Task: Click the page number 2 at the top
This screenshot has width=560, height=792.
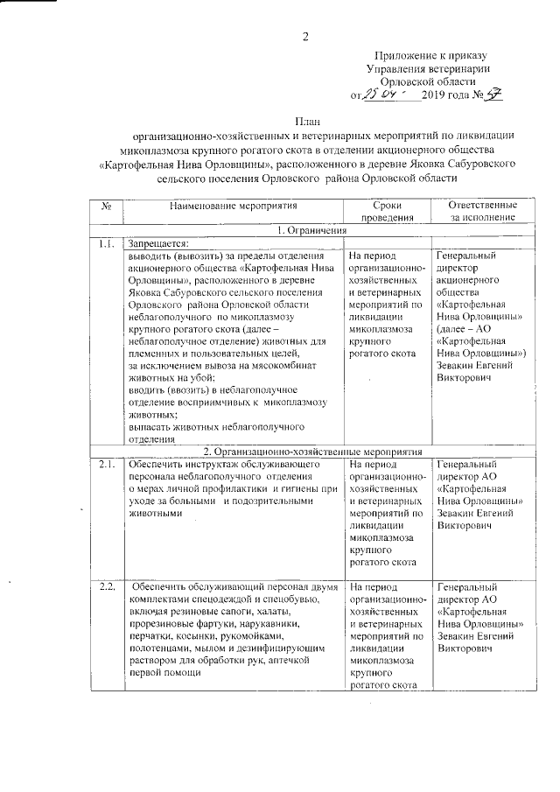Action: [305, 36]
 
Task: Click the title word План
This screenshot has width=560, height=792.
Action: [305, 121]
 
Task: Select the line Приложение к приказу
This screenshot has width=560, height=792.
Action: [429, 54]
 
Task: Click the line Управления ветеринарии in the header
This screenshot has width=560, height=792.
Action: [428, 67]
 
